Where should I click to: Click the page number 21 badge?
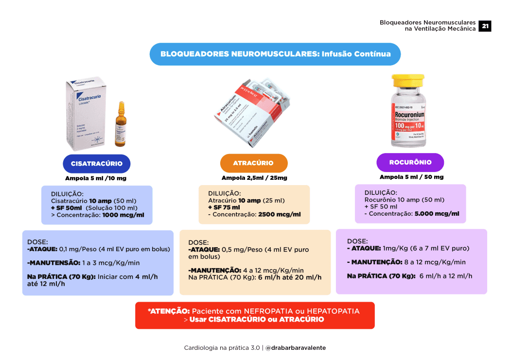[x=485, y=26]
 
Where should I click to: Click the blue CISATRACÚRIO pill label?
[x=97, y=164]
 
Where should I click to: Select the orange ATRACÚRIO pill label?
[x=253, y=163]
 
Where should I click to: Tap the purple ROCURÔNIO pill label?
[x=410, y=162]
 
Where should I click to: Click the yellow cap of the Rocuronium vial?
[x=408, y=80]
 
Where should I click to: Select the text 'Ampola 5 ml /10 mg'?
[x=96, y=178]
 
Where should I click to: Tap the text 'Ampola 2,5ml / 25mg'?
[x=254, y=178]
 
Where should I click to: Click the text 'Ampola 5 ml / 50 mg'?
[x=411, y=177]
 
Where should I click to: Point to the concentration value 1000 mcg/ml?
[x=123, y=214]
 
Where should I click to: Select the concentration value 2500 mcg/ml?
[x=280, y=214]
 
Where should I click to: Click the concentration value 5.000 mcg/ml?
[x=437, y=213]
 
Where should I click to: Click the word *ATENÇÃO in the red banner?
[x=169, y=311]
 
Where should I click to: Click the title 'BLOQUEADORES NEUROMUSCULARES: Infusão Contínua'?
[x=275, y=54]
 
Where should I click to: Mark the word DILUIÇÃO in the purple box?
[x=381, y=192]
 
